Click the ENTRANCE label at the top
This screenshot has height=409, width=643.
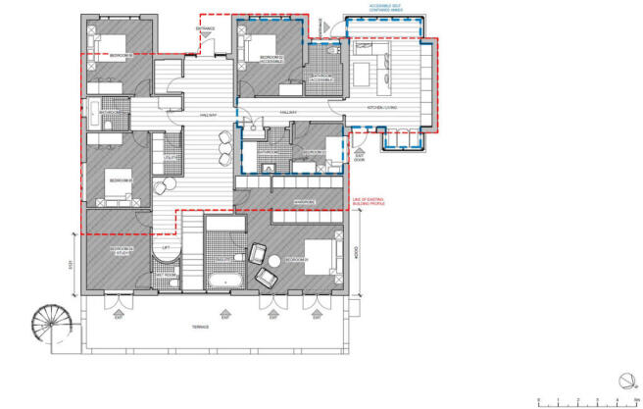coord(205,29)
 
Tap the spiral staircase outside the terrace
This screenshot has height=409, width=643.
coord(48,322)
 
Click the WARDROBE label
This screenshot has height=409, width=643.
coord(304,204)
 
